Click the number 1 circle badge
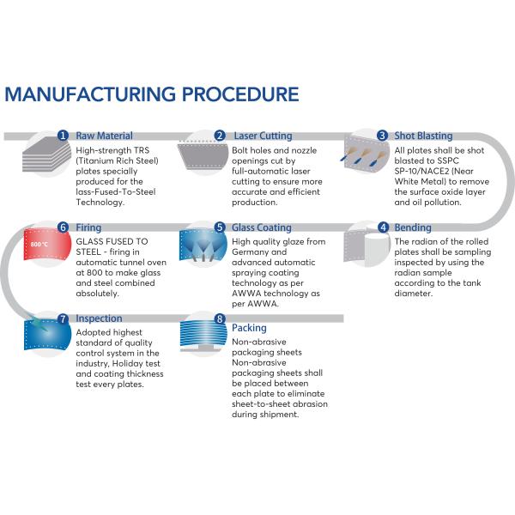[63, 136]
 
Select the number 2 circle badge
[220, 136]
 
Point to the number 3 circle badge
[382, 136]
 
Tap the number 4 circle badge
[382, 228]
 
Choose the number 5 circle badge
[220, 228]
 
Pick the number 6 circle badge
[63, 228]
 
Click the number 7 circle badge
[63, 318]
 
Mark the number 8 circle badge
[220, 318]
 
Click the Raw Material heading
[105, 136]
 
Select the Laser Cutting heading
[263, 136]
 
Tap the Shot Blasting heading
[423, 136]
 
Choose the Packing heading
[249, 328]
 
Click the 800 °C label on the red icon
[39, 245]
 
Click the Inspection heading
[99, 318]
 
